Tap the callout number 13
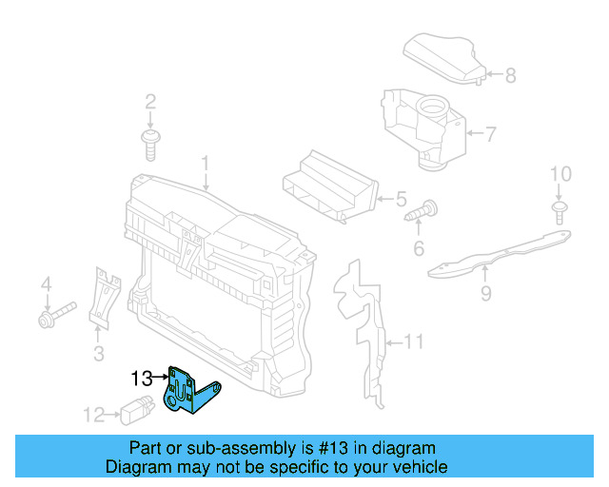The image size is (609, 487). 142,379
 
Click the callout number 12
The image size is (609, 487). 93,414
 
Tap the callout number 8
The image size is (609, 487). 510,75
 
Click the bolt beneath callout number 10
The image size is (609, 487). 560,212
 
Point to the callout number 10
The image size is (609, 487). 561,174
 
